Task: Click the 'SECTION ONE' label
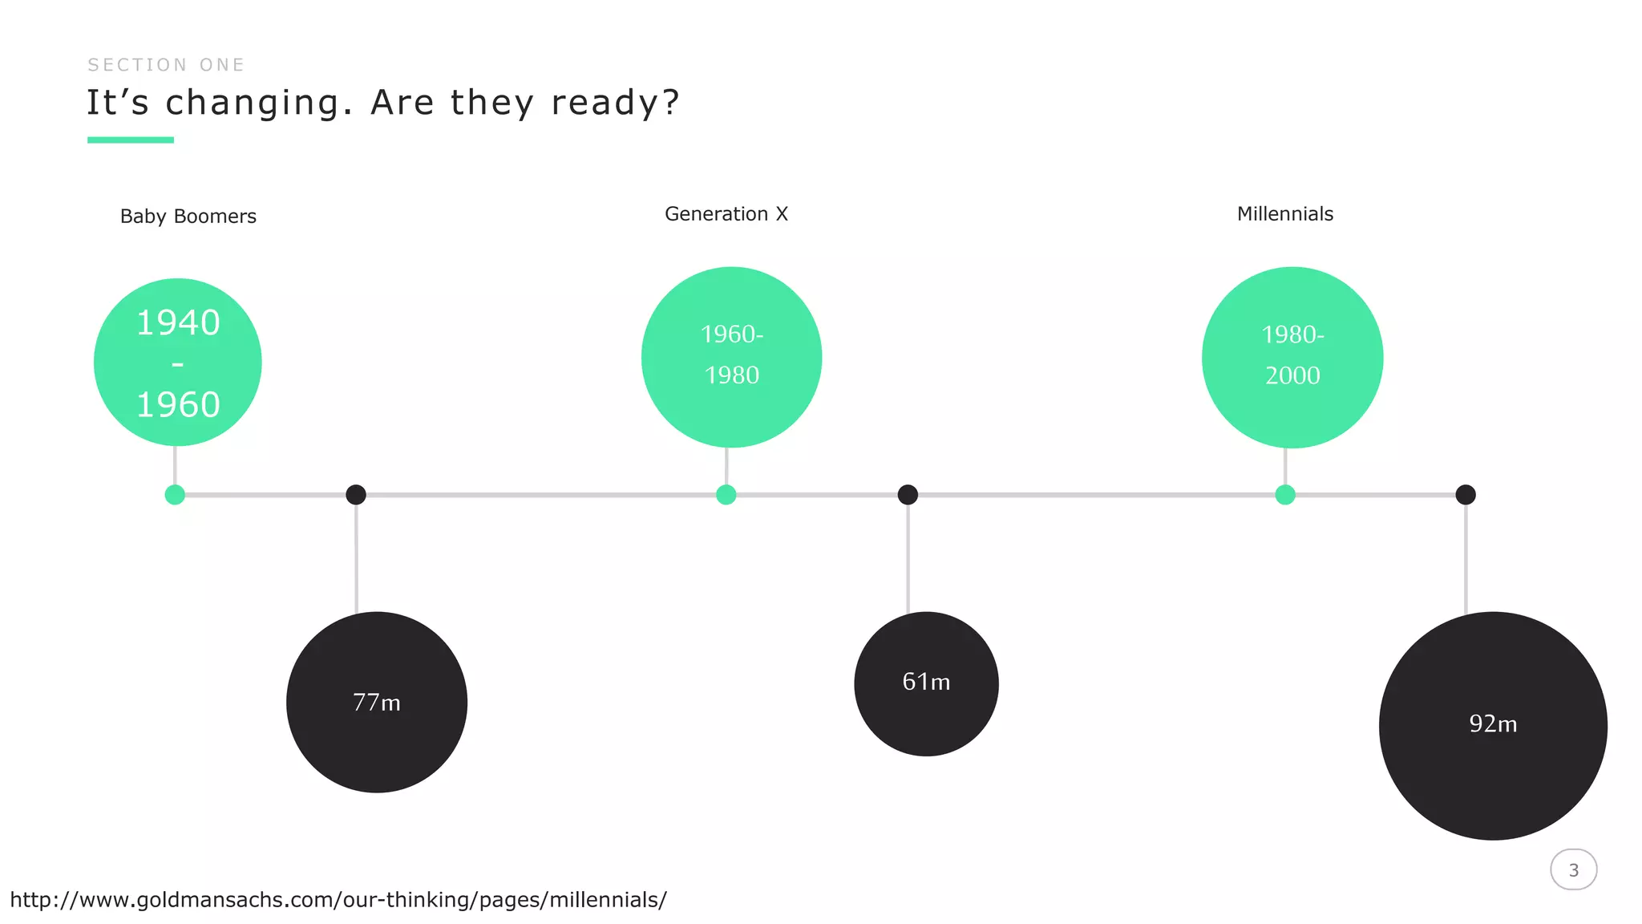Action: coord(166,65)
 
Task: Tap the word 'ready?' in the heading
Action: coord(615,103)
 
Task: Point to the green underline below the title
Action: coord(131,140)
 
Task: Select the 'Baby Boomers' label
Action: coord(188,217)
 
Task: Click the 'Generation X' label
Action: coord(726,214)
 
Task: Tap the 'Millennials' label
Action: coord(1285,214)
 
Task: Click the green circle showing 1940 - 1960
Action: coord(178,363)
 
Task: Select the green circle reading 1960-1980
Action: coord(732,357)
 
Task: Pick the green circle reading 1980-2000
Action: coord(1292,357)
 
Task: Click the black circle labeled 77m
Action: coord(377,703)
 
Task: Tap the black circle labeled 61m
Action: coord(926,683)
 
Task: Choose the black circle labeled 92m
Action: coord(1493,726)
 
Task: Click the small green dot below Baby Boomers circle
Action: coord(175,495)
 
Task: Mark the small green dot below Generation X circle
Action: coord(726,495)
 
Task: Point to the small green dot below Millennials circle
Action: coord(1285,495)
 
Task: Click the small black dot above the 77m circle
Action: coord(356,495)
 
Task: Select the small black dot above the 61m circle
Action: coord(908,495)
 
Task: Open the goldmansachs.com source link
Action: coord(338,900)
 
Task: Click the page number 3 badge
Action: coord(1574,870)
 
